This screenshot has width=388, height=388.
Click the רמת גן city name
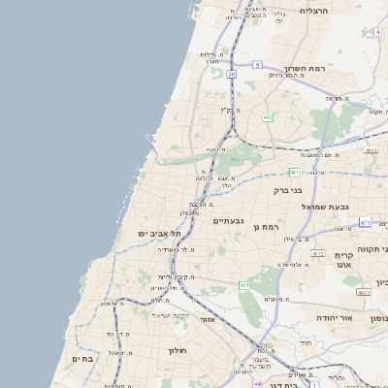pos(266,227)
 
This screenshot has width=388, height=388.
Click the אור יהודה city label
pos(337,317)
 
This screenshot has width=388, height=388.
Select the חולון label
pos(177,350)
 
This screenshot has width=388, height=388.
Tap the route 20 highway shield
pos(232,74)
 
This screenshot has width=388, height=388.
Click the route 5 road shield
pos(258,64)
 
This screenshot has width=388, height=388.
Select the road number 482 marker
pos(267,117)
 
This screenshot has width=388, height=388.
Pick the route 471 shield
pos(365,223)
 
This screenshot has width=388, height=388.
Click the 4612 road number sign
pos(317,253)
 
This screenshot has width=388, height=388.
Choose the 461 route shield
pos(244,285)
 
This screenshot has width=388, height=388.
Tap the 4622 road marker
pos(363,291)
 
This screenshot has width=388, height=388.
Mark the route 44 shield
pos(257,383)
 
